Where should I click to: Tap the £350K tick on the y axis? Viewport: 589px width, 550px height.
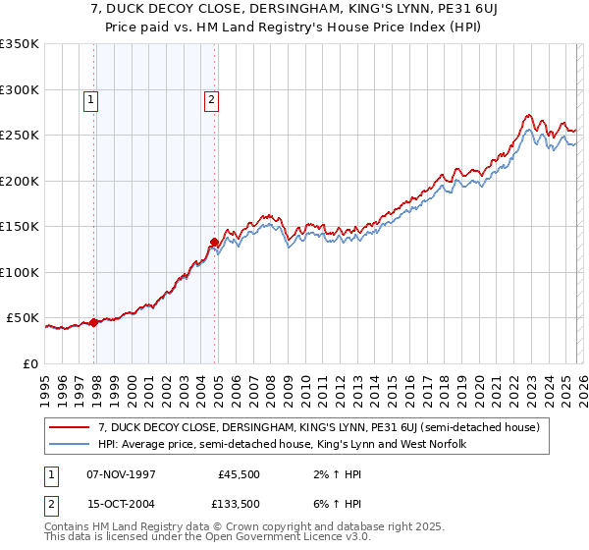pyautogui.click(x=20, y=44)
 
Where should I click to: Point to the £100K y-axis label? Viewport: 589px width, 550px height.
pyautogui.click(x=20, y=272)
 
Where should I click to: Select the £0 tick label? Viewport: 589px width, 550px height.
pyautogui.click(x=29, y=363)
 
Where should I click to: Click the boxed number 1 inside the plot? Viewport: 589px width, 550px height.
pyautogui.click(x=90, y=98)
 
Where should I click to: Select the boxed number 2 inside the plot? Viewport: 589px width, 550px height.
pyautogui.click(x=211, y=98)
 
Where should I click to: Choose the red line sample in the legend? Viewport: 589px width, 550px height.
pyautogui.click(x=70, y=427)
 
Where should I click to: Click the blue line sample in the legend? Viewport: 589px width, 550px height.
pyautogui.click(x=70, y=444)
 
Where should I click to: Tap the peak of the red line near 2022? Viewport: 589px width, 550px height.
pyautogui.click(x=529, y=115)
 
